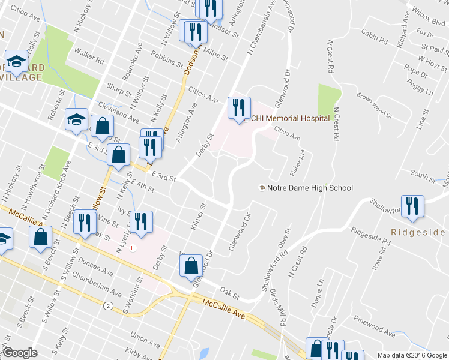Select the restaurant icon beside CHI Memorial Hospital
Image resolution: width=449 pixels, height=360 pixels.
pyautogui.click(x=238, y=108)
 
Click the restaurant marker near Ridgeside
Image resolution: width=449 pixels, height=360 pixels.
pyautogui.click(x=412, y=206)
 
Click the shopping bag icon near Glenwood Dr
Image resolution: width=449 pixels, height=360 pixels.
pyautogui.click(x=191, y=265)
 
